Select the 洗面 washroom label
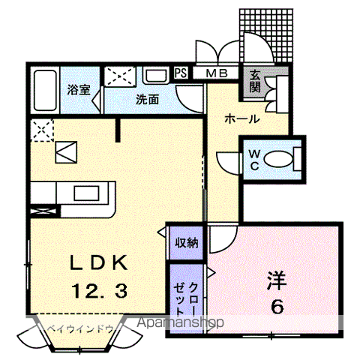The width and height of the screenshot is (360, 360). click(147, 99)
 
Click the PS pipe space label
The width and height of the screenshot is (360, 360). click(180, 73)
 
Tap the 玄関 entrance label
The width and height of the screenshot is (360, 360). click(254, 81)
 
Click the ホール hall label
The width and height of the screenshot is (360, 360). click(241, 118)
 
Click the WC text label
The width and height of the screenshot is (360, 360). click(253, 160)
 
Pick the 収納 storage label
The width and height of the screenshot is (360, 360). click(187, 241)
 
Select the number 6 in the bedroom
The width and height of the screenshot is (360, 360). click(274, 306)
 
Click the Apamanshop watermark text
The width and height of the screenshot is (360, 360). click(181, 324)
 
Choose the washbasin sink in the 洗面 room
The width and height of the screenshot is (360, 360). click(156, 76)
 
